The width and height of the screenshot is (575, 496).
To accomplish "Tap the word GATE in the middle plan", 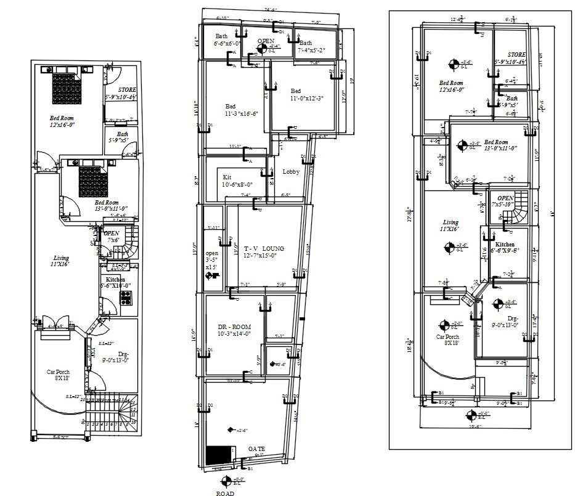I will [257, 449].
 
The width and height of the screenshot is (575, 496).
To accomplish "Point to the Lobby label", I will [291, 172].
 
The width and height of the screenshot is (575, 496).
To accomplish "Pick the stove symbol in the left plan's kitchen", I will [126, 298].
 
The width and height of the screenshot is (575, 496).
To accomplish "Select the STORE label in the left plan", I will [127, 91].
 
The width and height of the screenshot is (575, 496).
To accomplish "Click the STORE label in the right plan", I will [512, 55].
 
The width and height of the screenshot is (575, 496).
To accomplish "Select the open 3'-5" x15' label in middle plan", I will [211, 259].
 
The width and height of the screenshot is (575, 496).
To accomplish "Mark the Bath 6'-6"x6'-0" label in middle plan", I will [228, 40].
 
